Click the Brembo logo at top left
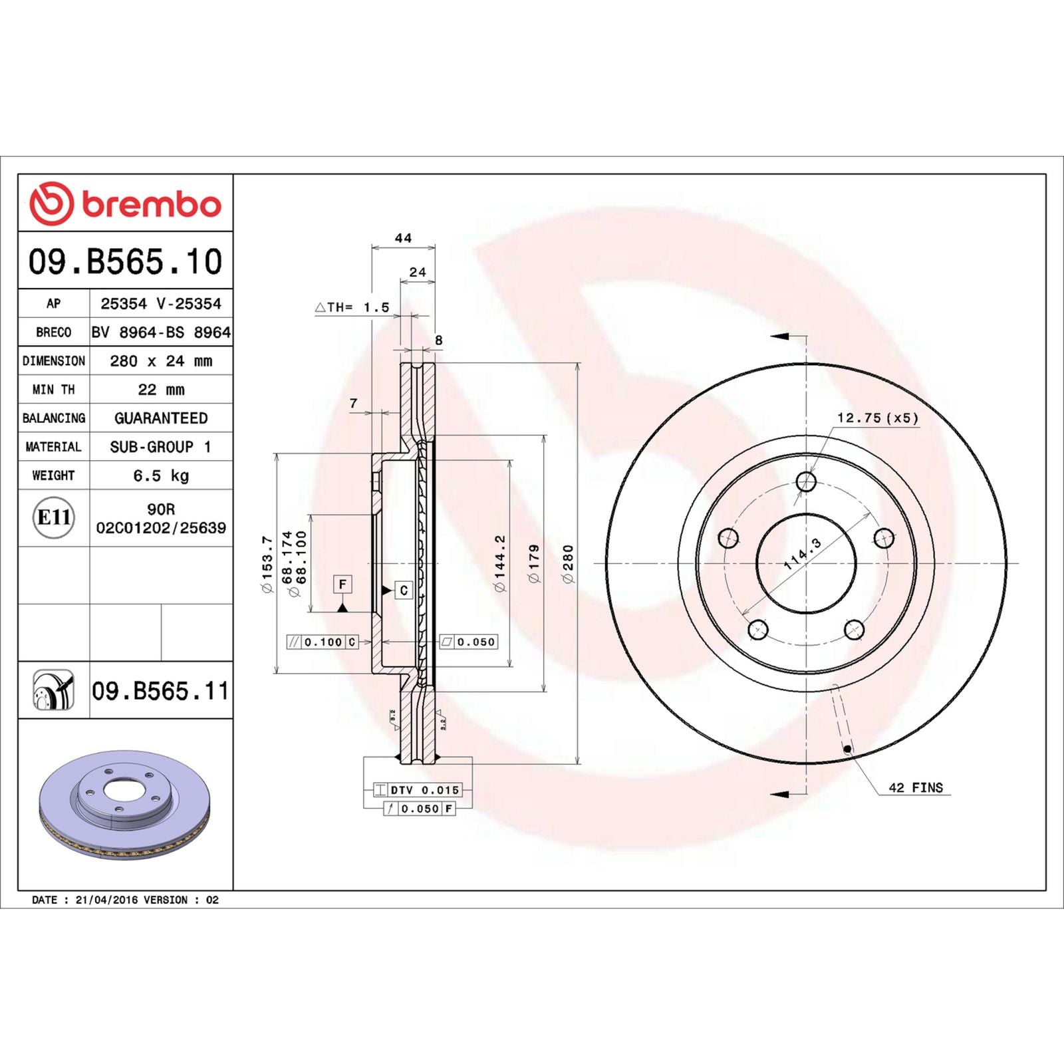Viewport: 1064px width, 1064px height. [x=125, y=203]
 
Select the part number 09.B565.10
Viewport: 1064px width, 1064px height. [x=125, y=261]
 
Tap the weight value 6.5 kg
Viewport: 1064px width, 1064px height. [x=161, y=475]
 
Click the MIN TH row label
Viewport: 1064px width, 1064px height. [x=53, y=390]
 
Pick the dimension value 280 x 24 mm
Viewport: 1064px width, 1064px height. [x=161, y=361]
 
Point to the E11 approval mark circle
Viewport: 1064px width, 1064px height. [x=53, y=517]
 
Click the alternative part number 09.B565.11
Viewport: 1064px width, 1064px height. [x=160, y=691]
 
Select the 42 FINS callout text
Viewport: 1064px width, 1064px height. [x=916, y=787]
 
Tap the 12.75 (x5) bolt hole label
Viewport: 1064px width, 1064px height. [x=877, y=418]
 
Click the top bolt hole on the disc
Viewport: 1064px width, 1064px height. [x=806, y=481]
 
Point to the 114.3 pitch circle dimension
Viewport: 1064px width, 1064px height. [x=803, y=554]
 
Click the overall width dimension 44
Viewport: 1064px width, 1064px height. [x=403, y=238]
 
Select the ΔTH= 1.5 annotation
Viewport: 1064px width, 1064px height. [x=352, y=307]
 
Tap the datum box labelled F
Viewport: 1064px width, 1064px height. [x=342, y=585]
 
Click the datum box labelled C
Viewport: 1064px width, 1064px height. [x=404, y=590]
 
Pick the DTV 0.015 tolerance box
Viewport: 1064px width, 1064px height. [x=417, y=790]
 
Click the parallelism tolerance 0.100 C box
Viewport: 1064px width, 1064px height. [x=323, y=642]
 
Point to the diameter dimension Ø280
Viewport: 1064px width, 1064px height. [x=567, y=564]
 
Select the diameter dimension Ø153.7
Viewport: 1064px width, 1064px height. [x=267, y=564]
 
